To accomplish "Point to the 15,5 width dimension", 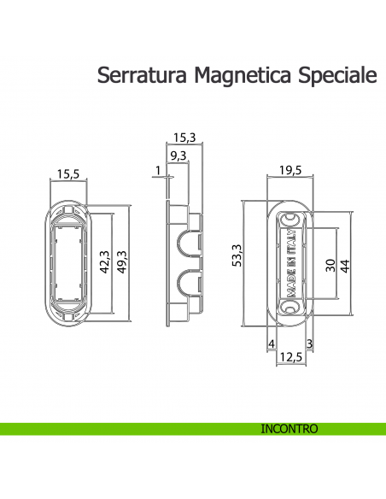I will (68, 173).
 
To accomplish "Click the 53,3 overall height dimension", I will (237, 255).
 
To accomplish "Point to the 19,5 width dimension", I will (290, 169).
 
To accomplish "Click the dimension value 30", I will (330, 265).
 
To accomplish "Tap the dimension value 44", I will (345, 265).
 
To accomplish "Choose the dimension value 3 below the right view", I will (309, 343).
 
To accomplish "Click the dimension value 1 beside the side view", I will (158, 171).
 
